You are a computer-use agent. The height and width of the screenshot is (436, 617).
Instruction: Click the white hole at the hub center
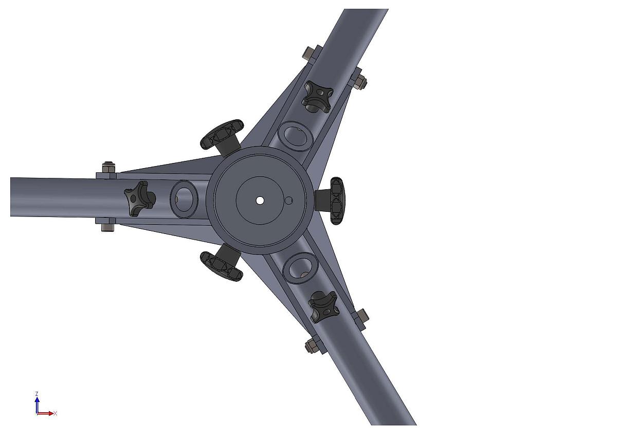point(259,200)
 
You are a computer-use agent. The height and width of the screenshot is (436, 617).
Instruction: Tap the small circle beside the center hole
point(288,201)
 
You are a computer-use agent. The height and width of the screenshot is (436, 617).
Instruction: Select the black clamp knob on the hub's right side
point(331,201)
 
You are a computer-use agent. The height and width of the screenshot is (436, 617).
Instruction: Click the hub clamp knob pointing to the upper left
point(223,136)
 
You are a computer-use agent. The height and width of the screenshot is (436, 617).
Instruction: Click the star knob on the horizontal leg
point(140,198)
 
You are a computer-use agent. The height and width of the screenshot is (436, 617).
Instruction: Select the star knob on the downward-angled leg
point(323,306)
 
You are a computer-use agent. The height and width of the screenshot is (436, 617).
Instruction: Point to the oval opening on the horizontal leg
point(184,199)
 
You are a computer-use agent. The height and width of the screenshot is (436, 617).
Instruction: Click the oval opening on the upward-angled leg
point(295,136)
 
